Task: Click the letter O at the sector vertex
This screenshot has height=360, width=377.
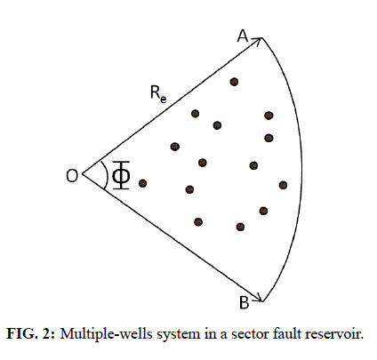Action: click(72, 175)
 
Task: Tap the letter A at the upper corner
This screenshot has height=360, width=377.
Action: click(243, 36)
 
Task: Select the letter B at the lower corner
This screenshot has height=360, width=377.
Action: click(244, 303)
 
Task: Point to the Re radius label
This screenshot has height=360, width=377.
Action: click(158, 93)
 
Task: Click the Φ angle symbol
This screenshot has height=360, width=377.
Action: click(121, 175)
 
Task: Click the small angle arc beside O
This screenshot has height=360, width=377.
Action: click(106, 175)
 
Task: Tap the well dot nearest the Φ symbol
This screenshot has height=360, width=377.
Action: click(142, 183)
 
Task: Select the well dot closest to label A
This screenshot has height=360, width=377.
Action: click(234, 82)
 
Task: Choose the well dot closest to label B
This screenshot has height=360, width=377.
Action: click(240, 227)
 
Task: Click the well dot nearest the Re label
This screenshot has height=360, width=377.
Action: click(195, 113)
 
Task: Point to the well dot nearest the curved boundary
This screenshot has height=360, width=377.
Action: click(283, 185)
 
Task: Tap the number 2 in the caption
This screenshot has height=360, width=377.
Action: click(48, 334)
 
